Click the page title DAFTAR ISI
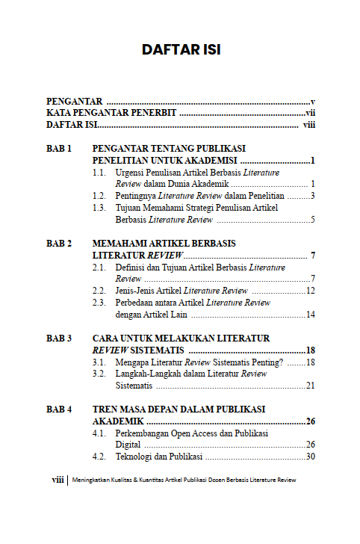click(180, 52)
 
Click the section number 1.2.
click(99, 196)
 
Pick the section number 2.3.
click(99, 303)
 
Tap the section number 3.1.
click(99, 362)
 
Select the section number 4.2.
click(99, 457)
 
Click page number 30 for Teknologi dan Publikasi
click(311, 457)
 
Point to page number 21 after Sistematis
click(311, 386)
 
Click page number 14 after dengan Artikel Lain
click(311, 315)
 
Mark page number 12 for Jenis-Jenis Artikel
click(311, 291)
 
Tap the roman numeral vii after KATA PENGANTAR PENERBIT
click(310, 113)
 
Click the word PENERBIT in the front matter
click(152, 113)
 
